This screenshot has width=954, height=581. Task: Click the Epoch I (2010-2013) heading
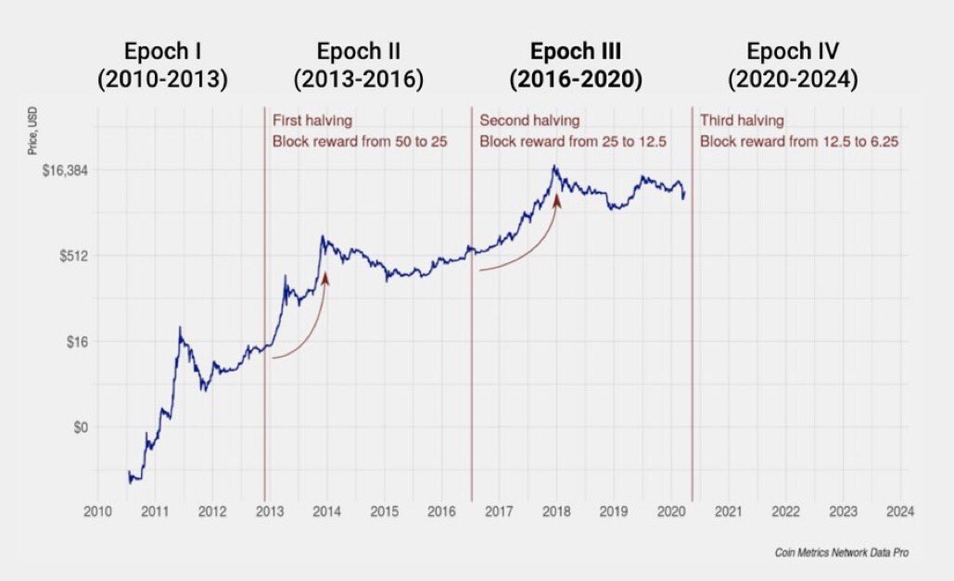click(162, 65)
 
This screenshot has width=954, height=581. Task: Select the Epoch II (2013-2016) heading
click(359, 65)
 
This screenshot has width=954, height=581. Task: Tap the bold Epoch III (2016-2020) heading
click(576, 65)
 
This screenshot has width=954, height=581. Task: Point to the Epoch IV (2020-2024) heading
click(793, 65)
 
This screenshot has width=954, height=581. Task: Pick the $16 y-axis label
click(77, 342)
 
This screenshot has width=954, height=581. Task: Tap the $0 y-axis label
click(80, 427)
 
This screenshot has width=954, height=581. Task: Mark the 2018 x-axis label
click(556, 511)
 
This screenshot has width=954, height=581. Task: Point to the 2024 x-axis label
click(900, 511)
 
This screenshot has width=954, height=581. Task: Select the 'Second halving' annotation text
click(529, 120)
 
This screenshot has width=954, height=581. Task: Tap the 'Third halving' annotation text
click(742, 120)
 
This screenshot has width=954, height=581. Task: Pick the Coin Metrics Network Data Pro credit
click(842, 552)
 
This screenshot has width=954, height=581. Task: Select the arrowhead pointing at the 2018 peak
click(556, 199)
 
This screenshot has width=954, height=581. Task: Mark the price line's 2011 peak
click(180, 329)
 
